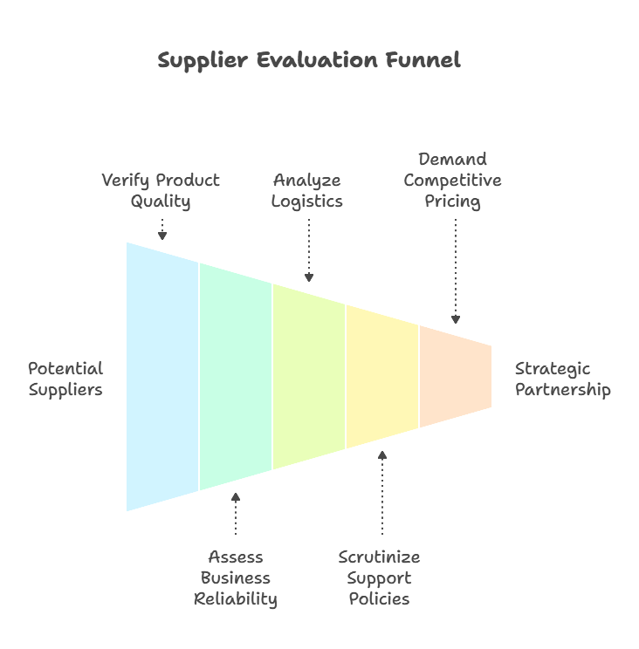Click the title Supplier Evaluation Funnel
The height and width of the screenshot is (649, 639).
point(309,61)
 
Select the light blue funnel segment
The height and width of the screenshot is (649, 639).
point(162,375)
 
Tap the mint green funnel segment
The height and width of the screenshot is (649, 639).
point(236,375)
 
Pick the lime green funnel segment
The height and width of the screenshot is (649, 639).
point(309,377)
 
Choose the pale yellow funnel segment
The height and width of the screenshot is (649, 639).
point(382,377)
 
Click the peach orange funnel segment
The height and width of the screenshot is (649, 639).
point(455,377)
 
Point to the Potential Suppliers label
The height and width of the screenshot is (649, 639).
point(65,379)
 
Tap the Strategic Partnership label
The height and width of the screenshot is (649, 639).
point(563,379)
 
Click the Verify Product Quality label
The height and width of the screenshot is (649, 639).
point(161,191)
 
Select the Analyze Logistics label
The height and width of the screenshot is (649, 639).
point(307,191)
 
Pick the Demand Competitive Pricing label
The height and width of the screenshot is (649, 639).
point(453,181)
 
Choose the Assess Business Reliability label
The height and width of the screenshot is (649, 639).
point(236,577)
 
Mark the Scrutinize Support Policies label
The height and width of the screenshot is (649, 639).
point(380,577)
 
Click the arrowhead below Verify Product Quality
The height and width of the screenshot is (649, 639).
point(162,236)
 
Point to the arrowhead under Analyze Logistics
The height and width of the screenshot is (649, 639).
point(309,277)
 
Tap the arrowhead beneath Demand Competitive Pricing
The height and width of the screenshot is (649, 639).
point(456,319)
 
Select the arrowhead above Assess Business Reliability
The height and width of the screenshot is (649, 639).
point(236,498)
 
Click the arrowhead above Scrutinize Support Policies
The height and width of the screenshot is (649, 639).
point(382,455)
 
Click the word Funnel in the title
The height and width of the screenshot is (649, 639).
point(425,61)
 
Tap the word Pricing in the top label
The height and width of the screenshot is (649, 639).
point(453,202)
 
